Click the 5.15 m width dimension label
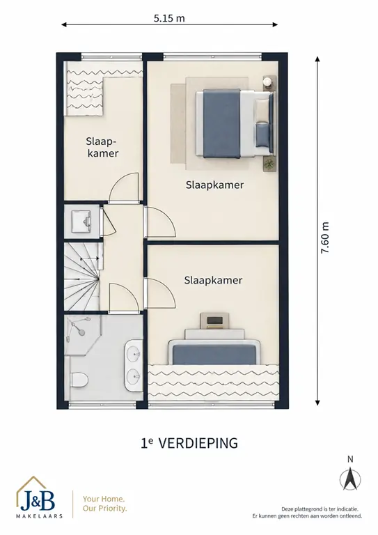pos(169,18)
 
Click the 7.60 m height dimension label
pos(325,238)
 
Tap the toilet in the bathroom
pos(79,380)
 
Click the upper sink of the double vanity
pos(134,355)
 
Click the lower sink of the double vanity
pos(134,377)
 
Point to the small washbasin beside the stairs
pos(81,221)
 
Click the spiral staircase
pos(83,277)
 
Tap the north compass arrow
pos(350,479)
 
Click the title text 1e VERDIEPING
pos(189,443)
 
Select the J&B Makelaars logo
pos(39,497)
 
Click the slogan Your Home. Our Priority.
pos(104,504)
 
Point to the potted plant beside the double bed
pos(269,164)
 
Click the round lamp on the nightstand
pos(268,82)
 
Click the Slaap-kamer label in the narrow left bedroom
pos(102,147)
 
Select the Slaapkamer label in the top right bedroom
pos(214,185)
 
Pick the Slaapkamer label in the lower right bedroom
pos(214,280)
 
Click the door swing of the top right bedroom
pos(160,222)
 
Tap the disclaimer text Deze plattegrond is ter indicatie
pos(320,509)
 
